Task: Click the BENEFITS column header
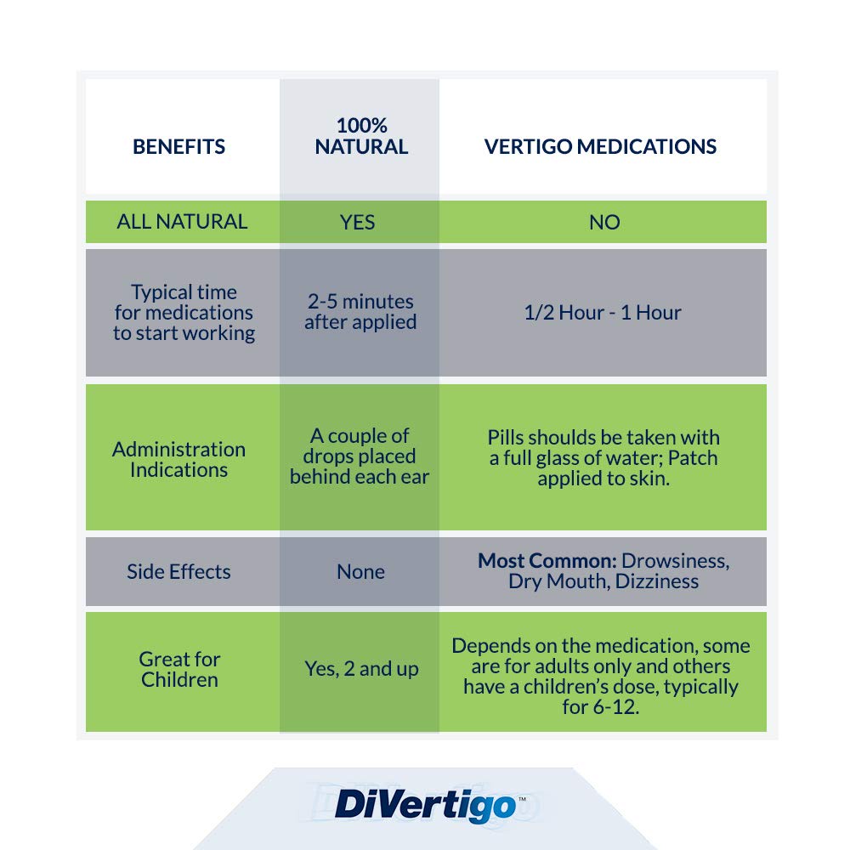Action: point(178,146)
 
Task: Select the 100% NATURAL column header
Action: point(361,136)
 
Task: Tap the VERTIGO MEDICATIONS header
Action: point(600,146)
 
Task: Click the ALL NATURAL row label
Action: point(182,222)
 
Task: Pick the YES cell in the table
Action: point(357,222)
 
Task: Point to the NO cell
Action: point(604,222)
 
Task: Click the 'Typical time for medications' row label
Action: point(184,312)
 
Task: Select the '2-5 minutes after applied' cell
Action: point(360,312)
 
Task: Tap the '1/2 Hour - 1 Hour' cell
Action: point(603,312)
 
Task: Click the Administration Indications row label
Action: point(178,459)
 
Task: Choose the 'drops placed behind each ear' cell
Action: point(360,456)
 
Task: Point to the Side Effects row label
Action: point(178,571)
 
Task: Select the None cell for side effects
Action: point(360,571)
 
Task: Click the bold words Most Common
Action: point(547,560)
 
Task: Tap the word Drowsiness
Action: point(676,561)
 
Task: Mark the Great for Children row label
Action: point(179,669)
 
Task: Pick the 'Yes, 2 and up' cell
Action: point(361,669)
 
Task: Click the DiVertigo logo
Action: point(426,805)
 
